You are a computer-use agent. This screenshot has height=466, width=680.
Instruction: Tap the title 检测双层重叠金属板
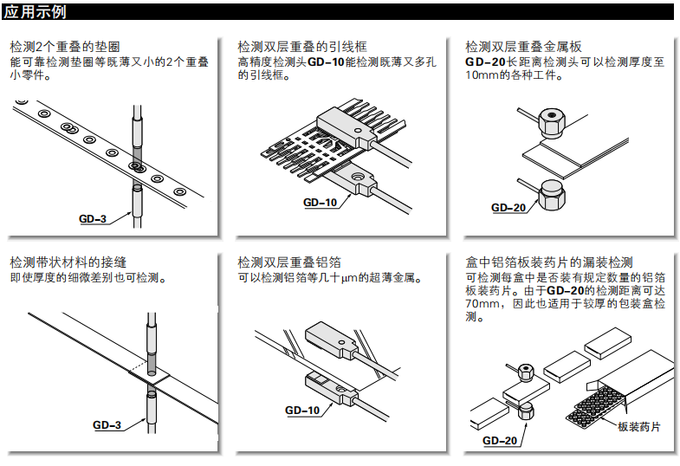(523, 46)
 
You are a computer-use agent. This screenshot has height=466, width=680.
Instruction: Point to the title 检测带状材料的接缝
(71, 262)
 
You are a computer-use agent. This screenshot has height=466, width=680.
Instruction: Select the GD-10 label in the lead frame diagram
(320, 204)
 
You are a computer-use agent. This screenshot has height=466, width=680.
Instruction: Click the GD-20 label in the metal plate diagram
(508, 208)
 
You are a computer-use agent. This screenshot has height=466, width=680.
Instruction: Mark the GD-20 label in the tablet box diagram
(500, 441)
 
